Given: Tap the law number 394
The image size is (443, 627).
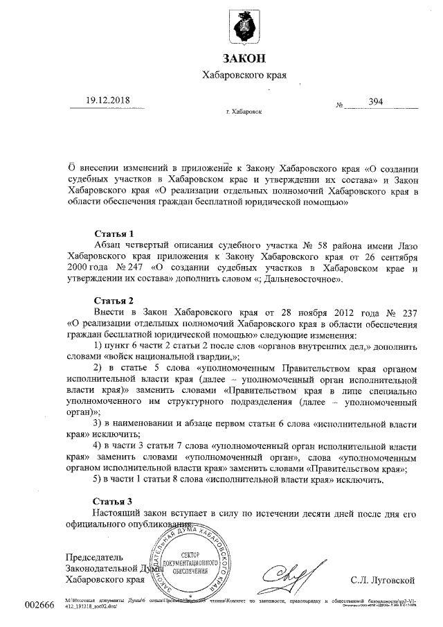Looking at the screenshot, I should tap(376, 102).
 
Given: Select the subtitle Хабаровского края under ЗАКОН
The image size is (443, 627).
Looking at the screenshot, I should tap(244, 75).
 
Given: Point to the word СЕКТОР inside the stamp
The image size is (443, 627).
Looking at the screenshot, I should tap(194, 555).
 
